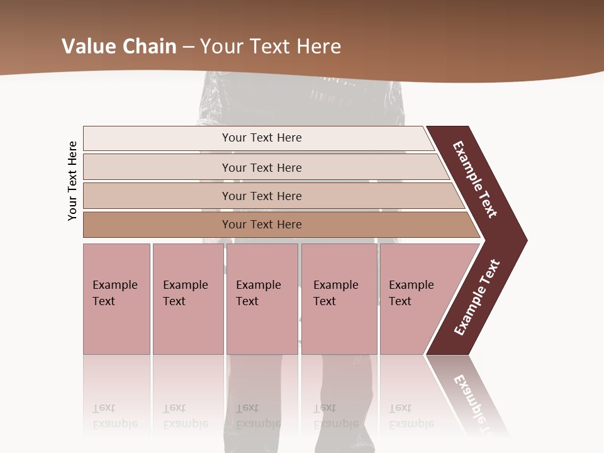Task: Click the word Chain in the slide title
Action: [147, 47]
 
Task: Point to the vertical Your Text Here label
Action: [72, 181]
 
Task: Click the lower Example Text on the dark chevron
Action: [476, 298]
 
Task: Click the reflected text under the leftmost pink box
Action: [115, 416]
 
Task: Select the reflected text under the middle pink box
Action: [258, 416]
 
